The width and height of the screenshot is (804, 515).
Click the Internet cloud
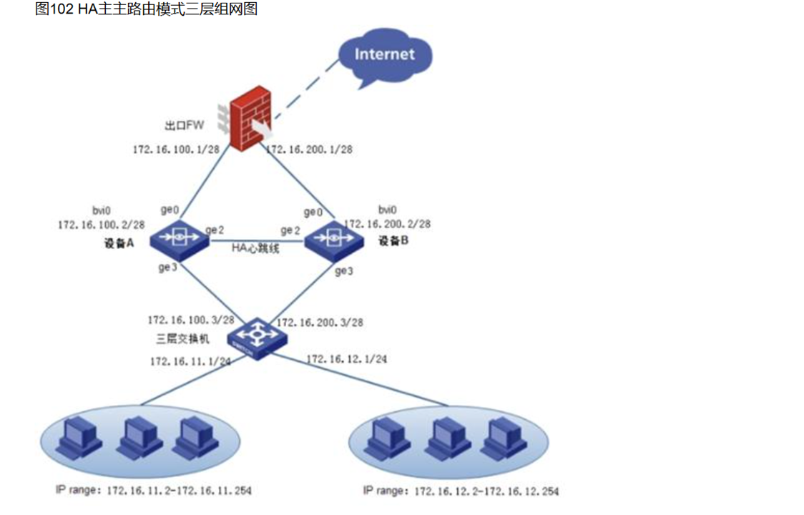coord(384,56)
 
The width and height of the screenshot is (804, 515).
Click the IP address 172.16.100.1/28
coord(176,149)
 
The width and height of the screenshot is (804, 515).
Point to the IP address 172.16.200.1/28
coord(309,149)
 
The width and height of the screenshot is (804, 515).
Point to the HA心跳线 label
coord(255,249)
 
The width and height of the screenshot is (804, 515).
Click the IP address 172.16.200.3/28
coord(320,323)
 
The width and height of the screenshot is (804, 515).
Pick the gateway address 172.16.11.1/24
coord(190,361)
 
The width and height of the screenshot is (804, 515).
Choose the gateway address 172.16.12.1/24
coord(347,359)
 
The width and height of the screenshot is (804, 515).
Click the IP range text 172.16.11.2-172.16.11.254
coord(180,491)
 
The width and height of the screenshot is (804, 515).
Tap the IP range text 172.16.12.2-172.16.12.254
coord(486,491)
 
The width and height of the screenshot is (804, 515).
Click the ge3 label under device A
coord(167,268)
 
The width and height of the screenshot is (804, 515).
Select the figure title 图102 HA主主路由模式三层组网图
coord(146,9)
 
